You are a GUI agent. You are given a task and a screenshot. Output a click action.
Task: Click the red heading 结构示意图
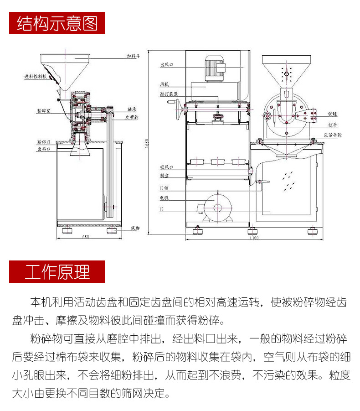tap(57, 23)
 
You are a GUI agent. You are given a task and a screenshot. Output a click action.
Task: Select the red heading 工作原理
tap(57, 271)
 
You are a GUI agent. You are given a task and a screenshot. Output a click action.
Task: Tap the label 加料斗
tap(134, 57)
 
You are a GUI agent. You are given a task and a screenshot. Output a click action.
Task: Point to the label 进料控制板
tap(35, 77)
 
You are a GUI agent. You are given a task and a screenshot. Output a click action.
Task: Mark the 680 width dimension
tap(86, 237)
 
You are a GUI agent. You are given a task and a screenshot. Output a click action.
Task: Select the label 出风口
tap(165, 65)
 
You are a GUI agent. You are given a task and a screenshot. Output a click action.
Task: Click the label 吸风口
tap(165, 167)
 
